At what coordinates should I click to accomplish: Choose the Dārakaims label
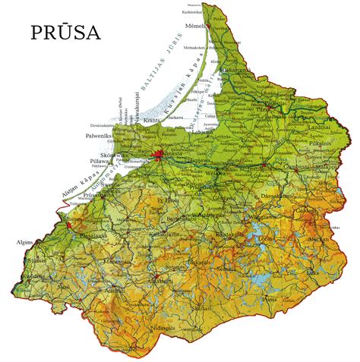coord(272,195)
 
